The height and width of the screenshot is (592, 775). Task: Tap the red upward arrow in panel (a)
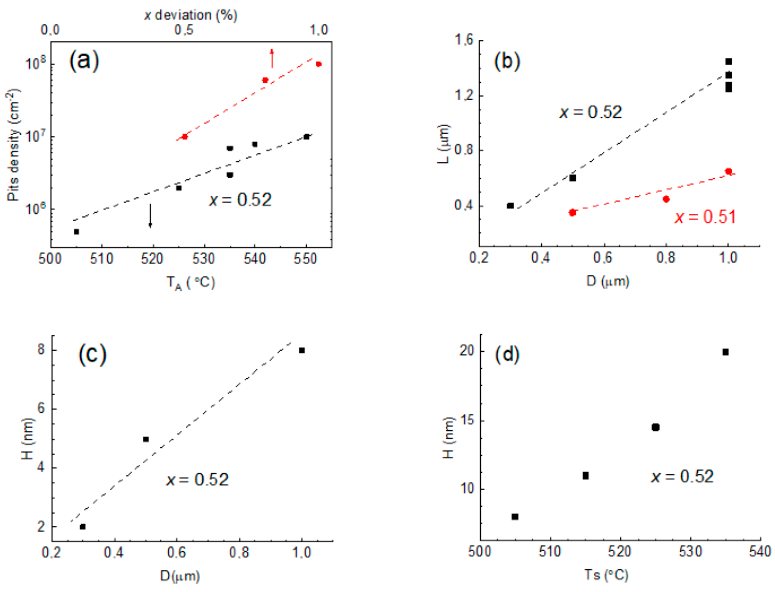pyautogui.click(x=272, y=58)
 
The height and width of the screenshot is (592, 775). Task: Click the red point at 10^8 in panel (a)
pyautogui.click(x=319, y=64)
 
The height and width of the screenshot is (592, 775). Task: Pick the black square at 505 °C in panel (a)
pyautogui.click(x=76, y=231)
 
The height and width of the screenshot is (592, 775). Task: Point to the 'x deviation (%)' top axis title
pyautogui.click(x=191, y=15)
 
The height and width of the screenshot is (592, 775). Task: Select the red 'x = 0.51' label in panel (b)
pyautogui.click(x=705, y=216)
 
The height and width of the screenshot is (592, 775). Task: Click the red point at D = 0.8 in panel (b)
pyautogui.click(x=666, y=199)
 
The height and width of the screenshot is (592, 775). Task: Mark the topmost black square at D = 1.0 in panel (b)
pyautogui.click(x=728, y=62)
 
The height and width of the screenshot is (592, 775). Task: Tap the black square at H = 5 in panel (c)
pyautogui.click(x=146, y=439)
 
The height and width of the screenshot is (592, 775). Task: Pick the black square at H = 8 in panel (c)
pyautogui.click(x=302, y=351)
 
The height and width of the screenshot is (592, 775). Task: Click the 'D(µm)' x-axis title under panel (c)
pyautogui.click(x=180, y=576)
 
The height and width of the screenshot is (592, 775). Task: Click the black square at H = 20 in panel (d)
pyautogui.click(x=725, y=352)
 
